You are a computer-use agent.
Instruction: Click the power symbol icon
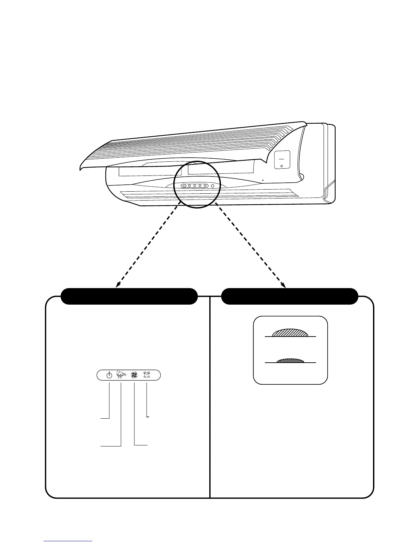pos(109,375)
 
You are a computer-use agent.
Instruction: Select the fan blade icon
pos(135,375)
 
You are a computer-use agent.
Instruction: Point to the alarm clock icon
pos(147,375)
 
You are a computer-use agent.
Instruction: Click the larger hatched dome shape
pos(290,333)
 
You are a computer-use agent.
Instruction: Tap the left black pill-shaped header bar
pos(129,296)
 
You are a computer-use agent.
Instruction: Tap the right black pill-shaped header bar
pos(290,296)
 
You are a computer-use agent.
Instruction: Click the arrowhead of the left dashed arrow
pos(118,284)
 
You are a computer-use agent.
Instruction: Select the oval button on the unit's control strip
pos(184,186)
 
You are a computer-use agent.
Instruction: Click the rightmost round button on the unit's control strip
pos(212,186)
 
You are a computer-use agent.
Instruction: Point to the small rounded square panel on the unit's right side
pos(282,160)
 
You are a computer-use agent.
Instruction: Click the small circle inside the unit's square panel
pos(282,166)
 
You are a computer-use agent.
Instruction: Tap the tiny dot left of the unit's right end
pos(263,180)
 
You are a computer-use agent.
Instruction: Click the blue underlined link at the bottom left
pos(68,541)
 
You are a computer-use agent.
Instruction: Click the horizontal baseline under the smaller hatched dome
pos(290,363)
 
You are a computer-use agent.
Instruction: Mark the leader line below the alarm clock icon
pos(147,400)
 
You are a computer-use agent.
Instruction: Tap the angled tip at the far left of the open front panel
pos(81,167)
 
